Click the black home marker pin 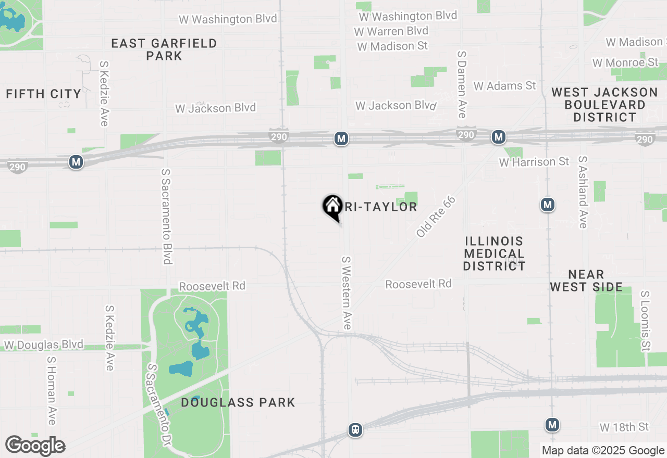(332, 207)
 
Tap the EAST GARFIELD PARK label (164, 49)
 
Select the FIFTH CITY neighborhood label (44, 94)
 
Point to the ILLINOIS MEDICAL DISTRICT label (494, 253)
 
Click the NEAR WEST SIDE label (586, 281)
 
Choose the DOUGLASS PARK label (238, 402)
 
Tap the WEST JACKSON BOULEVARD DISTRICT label (604, 105)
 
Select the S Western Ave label (347, 292)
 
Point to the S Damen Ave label (462, 84)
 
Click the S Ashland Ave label (583, 192)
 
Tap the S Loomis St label (646, 321)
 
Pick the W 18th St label (624, 427)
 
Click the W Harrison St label (534, 162)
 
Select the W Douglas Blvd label (44, 345)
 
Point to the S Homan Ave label (51, 390)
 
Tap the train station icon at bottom (355, 430)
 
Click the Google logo (35, 446)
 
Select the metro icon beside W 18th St (552, 425)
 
